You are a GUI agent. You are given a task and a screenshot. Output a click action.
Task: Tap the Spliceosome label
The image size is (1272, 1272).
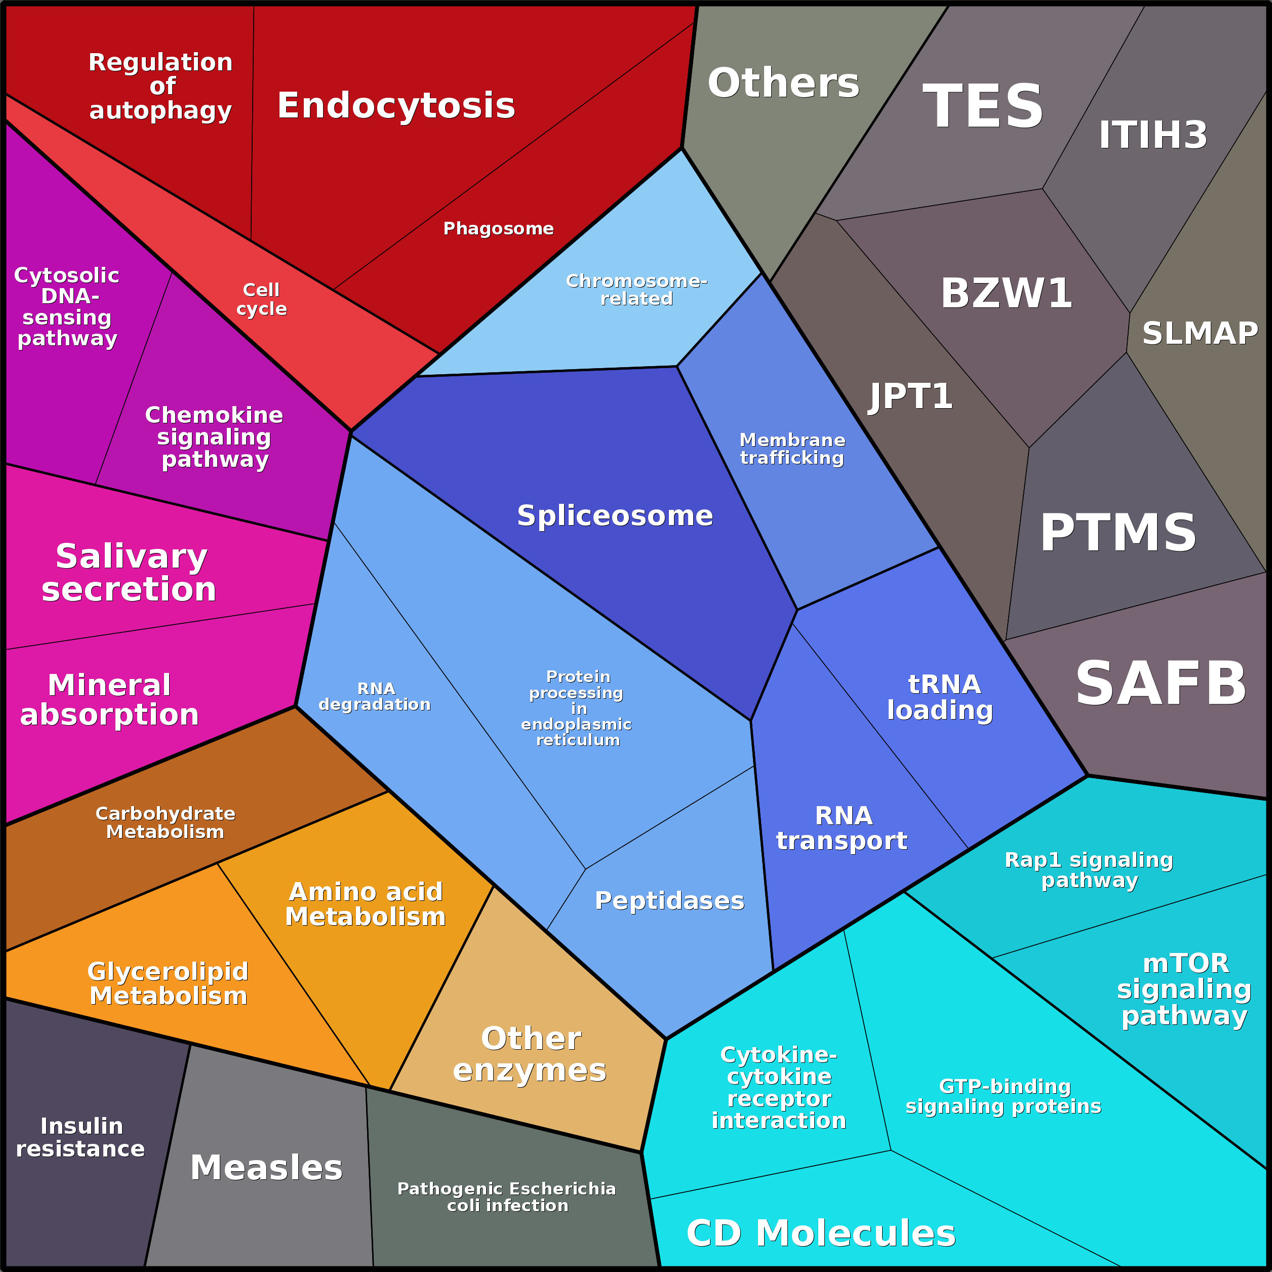[x=615, y=515]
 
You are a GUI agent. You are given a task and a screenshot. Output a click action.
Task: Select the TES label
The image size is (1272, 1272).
[x=983, y=106]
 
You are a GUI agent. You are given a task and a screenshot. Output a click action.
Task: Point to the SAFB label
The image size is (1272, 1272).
[x=1161, y=684]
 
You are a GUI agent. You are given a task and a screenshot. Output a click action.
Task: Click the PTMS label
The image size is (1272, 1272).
[x=1118, y=533]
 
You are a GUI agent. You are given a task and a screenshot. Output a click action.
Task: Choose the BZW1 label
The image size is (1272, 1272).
[x=1006, y=293]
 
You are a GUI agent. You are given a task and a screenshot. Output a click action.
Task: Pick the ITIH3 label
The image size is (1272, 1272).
[x=1153, y=135]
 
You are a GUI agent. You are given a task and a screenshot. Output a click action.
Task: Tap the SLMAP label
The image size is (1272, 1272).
[x=1200, y=333]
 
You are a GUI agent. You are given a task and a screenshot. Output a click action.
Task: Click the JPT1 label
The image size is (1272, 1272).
[x=910, y=396]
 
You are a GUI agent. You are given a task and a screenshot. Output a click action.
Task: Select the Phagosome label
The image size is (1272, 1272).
[x=498, y=228]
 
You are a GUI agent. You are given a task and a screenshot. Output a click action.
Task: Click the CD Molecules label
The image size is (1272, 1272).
[x=820, y=1233]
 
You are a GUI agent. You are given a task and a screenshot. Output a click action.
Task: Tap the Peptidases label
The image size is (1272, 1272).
[x=669, y=901]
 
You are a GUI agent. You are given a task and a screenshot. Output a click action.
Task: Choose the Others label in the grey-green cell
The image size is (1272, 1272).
[x=783, y=83]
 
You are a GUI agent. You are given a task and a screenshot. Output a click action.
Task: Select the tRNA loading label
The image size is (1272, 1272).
[x=941, y=697]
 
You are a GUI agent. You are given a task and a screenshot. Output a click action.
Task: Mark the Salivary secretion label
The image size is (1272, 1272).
[x=130, y=572]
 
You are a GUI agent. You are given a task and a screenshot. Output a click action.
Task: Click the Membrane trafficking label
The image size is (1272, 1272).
[x=792, y=449]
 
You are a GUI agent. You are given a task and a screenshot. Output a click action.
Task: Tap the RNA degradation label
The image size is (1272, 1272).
[x=375, y=697]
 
